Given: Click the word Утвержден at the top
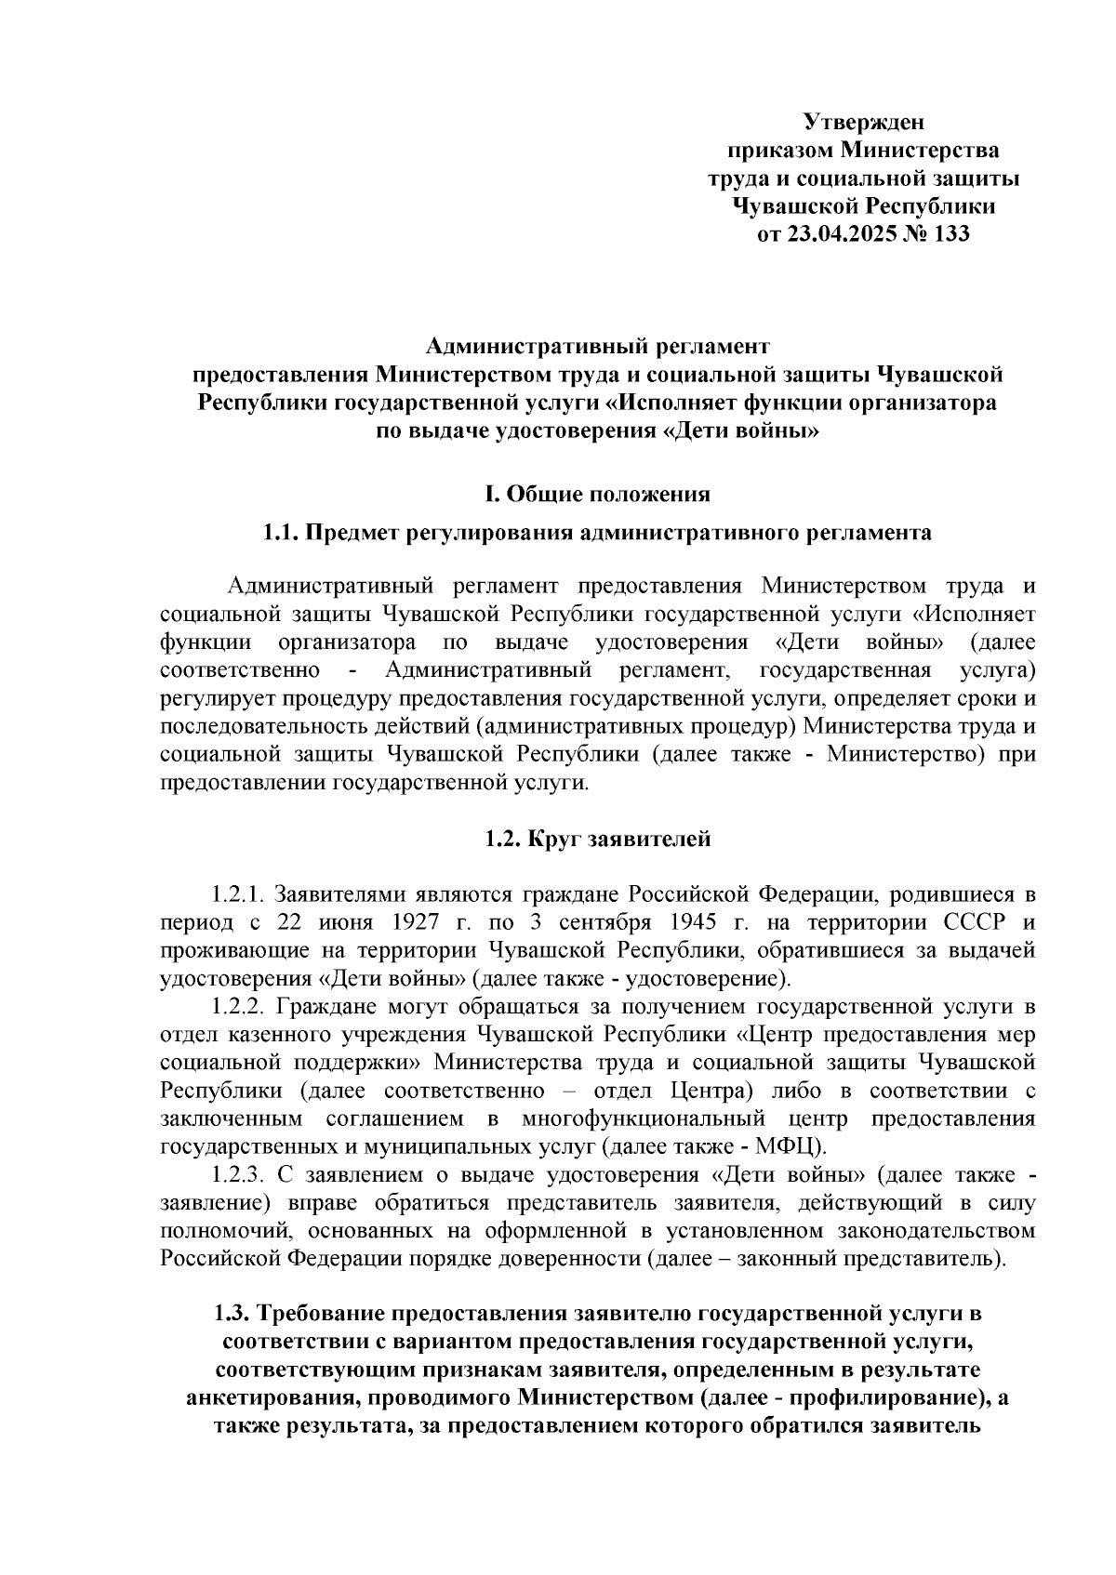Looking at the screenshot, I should (863, 122).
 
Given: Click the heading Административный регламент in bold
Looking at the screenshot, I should (598, 347).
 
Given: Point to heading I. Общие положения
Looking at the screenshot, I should (598, 494).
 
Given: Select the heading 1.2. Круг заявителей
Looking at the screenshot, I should (598, 839).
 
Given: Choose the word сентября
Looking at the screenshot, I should (604, 922).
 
